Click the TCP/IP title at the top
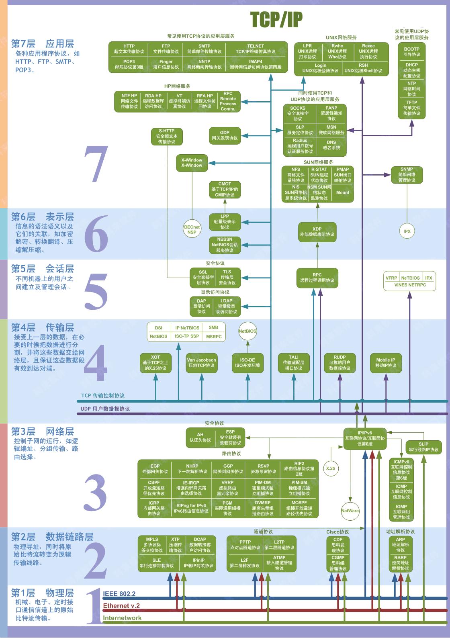[x=276, y=19]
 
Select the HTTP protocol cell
[x=129, y=49]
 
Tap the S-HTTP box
[x=166, y=136]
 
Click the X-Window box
[x=192, y=163]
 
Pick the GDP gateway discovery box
[x=225, y=135]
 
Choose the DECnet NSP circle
[x=192, y=229]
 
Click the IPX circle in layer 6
[x=407, y=231]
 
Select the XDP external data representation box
[x=317, y=232]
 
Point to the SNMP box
[x=407, y=175]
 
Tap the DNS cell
[x=331, y=145]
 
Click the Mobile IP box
[x=385, y=363]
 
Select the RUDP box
[x=340, y=362]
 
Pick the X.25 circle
[x=331, y=468]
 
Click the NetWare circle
[x=350, y=511]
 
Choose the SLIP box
[x=423, y=447]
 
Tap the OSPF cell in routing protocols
[x=154, y=488]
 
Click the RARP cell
[x=400, y=563]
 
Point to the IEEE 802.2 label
[x=119, y=594]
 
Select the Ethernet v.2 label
[x=121, y=606]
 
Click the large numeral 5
[x=96, y=291]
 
